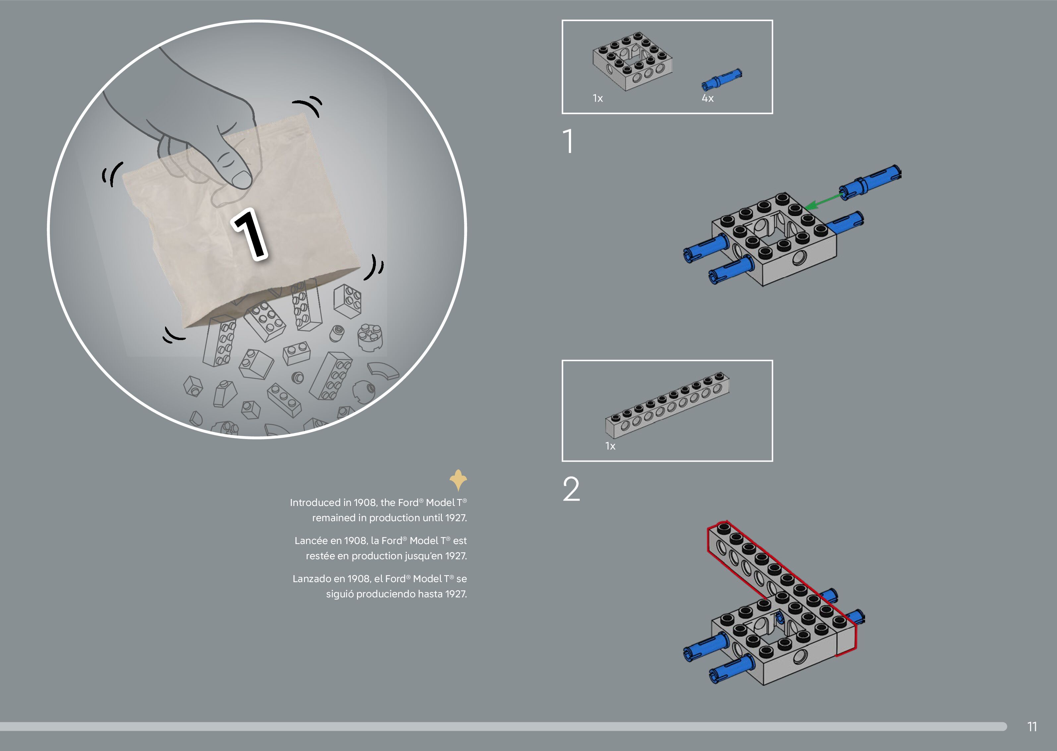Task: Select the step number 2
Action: click(571, 489)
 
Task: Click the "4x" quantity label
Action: click(708, 98)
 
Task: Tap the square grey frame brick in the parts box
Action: click(632, 61)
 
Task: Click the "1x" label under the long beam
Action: click(611, 446)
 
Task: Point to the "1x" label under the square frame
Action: click(598, 98)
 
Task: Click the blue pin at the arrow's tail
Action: click(870, 182)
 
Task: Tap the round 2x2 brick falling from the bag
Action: click(370, 337)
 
